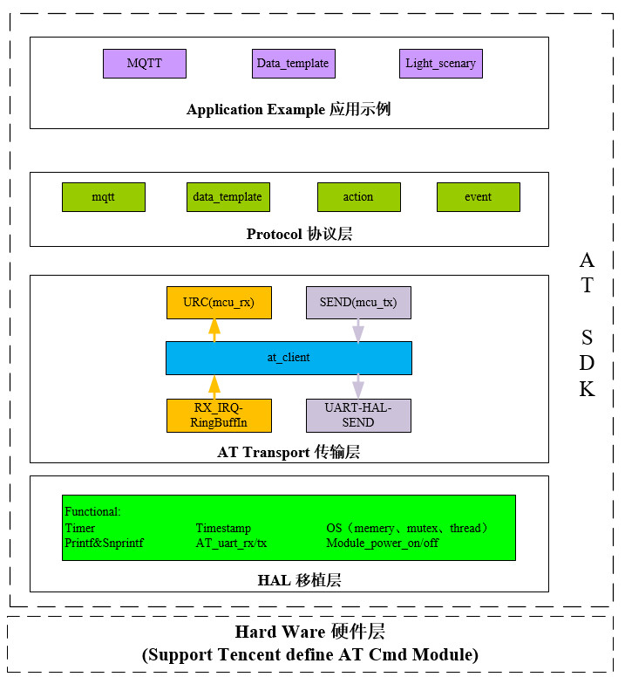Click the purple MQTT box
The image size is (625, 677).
144,64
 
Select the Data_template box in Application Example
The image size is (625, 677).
293,64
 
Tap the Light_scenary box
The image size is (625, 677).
441,64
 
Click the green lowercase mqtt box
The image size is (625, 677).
103,197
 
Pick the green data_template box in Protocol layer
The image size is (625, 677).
228,197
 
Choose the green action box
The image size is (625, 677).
357,197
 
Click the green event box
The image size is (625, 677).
478,197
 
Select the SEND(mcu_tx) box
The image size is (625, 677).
358,303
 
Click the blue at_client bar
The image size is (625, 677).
289,358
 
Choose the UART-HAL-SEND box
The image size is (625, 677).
358,415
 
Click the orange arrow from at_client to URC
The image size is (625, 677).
213,330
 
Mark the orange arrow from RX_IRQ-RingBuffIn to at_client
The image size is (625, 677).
213,386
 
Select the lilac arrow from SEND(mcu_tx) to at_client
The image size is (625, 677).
358,330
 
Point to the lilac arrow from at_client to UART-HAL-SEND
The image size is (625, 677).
358,386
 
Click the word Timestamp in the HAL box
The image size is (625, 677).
223,529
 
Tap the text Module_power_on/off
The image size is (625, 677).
383,543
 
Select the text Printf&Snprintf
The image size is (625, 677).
104,543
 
